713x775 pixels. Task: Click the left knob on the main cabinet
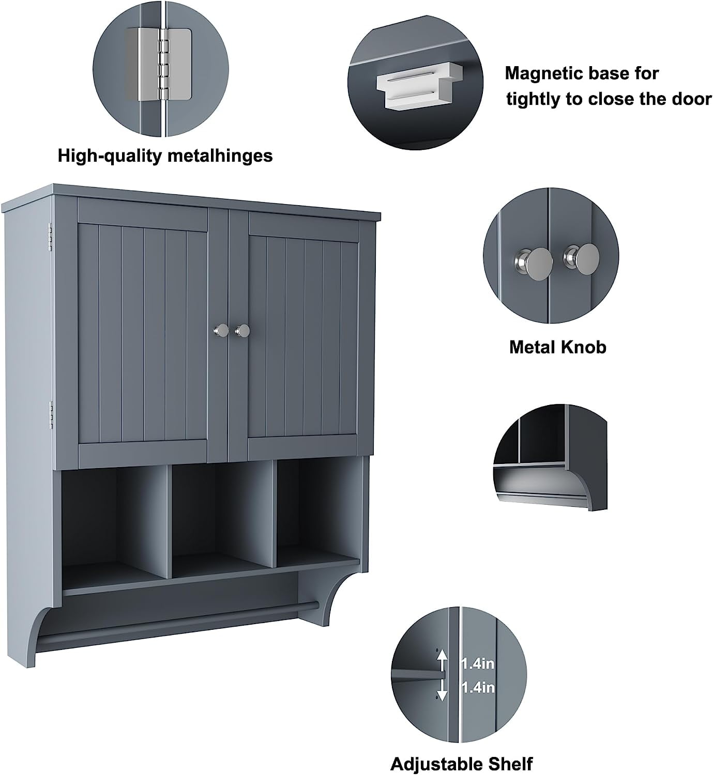[221, 330]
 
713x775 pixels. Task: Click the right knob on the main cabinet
[242, 330]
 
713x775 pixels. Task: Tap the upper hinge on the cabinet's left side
[50, 237]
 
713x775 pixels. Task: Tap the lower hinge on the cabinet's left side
[51, 415]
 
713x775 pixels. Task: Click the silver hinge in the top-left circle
[159, 65]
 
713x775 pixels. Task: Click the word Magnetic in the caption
[543, 73]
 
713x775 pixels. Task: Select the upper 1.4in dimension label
[478, 664]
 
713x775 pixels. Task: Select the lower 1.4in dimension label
[478, 688]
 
